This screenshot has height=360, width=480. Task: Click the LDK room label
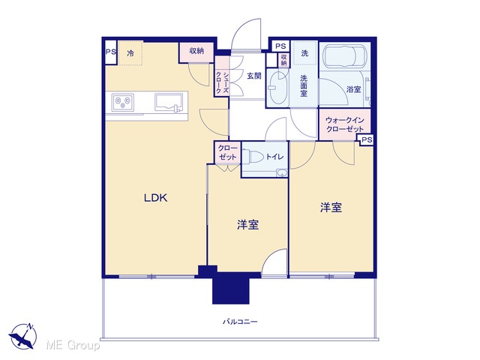coord(155,198)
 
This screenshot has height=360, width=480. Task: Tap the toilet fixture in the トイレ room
coord(253,157)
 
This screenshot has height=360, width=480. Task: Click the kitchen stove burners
coord(123,102)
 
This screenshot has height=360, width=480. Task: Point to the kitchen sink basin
coord(167,102)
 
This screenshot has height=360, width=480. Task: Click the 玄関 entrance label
coord(253,76)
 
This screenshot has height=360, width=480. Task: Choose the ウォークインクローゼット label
coord(345,124)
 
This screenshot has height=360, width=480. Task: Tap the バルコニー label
coord(240,322)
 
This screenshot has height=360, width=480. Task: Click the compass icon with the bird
coord(22,335)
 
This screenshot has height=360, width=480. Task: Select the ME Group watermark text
coord(73,345)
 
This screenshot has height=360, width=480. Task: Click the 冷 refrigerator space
coord(130,53)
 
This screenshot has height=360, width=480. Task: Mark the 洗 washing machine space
coord(304,53)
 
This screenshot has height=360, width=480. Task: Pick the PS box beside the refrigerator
coord(110,52)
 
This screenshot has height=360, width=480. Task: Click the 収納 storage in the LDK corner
coord(196,52)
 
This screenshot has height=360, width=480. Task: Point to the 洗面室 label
coord(304,85)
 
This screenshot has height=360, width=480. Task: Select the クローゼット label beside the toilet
coord(228,152)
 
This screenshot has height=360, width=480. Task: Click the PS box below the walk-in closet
coord(367,140)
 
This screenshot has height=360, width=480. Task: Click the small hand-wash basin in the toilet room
coord(282,173)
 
